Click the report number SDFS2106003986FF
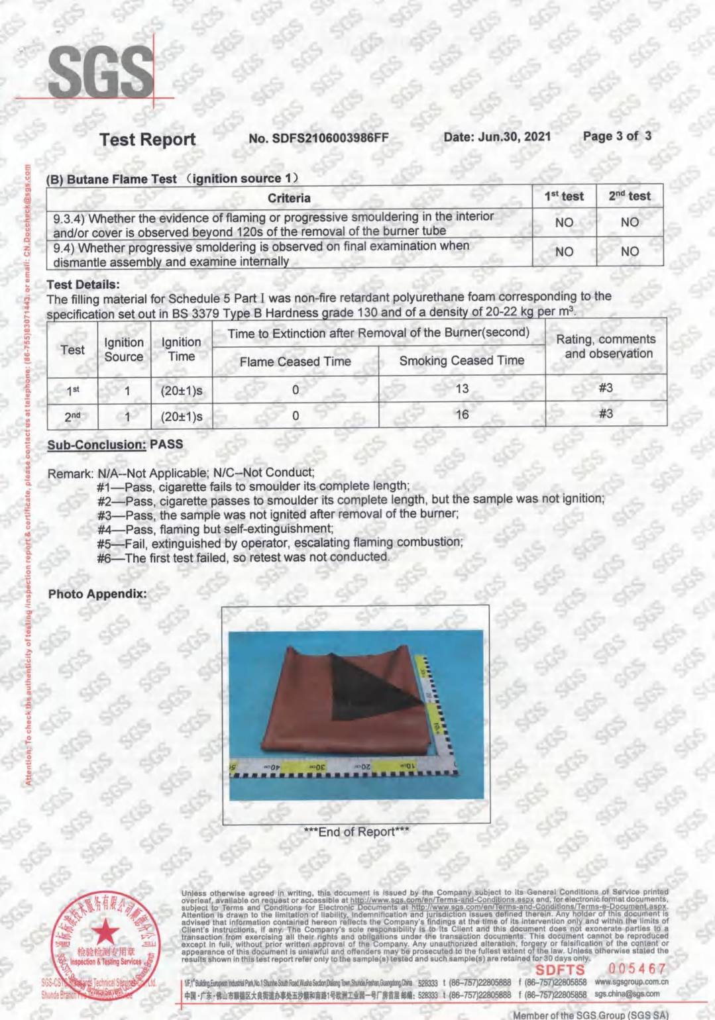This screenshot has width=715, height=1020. (x=319, y=138)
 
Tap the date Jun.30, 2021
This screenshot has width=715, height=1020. (x=497, y=136)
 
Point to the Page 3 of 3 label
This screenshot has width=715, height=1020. (x=617, y=136)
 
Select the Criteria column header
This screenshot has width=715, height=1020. (x=289, y=197)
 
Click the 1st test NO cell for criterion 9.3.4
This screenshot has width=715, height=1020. (x=564, y=223)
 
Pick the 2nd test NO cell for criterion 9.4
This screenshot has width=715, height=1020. (x=630, y=252)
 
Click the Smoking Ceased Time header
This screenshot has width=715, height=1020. (x=461, y=360)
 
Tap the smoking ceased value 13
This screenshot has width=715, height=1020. (x=462, y=389)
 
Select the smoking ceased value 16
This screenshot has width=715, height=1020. (x=462, y=415)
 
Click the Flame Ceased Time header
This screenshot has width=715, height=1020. (x=295, y=361)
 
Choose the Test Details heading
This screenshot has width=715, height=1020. (x=83, y=284)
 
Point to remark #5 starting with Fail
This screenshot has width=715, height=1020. (x=280, y=542)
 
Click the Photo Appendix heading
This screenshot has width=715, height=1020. (x=97, y=593)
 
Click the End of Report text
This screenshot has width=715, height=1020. (x=356, y=832)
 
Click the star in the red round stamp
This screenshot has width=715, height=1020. (x=102, y=933)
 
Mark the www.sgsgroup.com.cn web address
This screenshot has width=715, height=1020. (x=631, y=982)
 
